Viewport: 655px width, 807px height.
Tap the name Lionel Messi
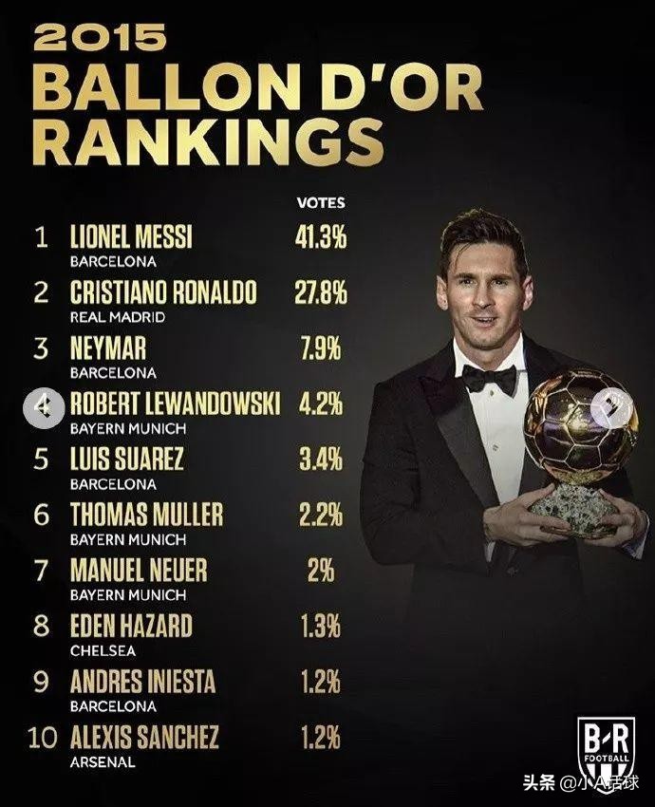click(131, 236)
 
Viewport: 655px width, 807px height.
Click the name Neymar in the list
click(107, 348)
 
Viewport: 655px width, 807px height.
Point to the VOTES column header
click(321, 203)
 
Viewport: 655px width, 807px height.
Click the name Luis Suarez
click(126, 460)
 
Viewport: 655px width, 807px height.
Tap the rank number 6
click(41, 515)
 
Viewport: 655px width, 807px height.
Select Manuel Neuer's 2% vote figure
click(320, 571)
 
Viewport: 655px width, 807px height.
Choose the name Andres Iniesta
click(142, 682)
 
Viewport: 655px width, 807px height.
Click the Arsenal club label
click(103, 761)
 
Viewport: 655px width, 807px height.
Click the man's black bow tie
click(489, 379)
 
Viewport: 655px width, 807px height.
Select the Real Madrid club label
click(118, 317)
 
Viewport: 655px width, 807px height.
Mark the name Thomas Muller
click(146, 515)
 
